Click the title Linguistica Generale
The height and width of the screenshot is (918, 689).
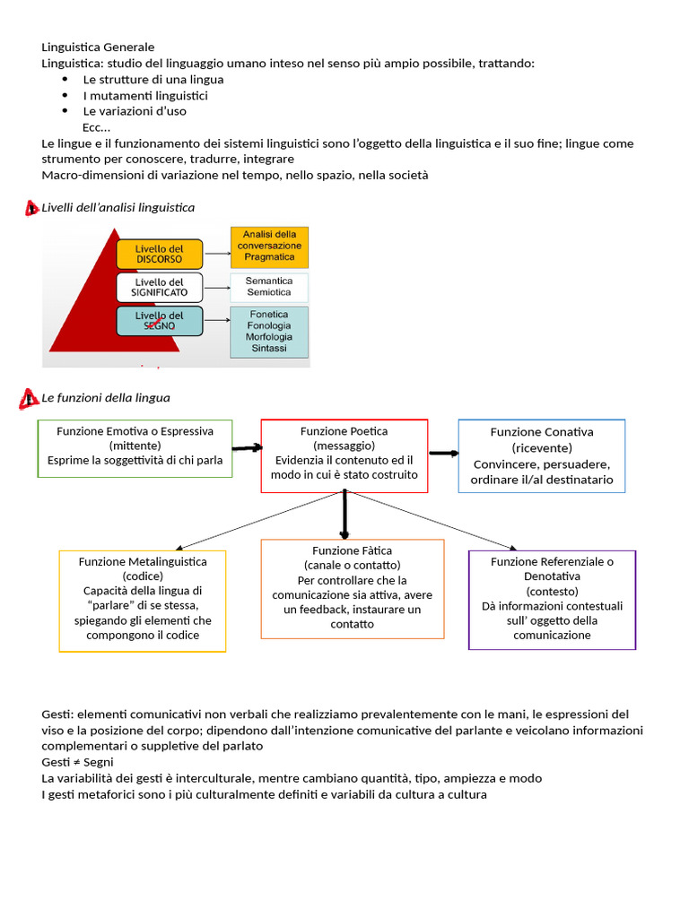tap(98, 47)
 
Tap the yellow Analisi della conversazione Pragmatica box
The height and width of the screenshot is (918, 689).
tap(269, 247)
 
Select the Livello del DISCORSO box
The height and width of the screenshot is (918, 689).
tap(160, 254)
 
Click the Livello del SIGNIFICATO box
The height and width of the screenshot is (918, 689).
tap(160, 287)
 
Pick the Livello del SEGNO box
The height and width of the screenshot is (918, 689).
tap(160, 321)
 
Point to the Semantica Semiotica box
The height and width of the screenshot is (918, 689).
tap(269, 287)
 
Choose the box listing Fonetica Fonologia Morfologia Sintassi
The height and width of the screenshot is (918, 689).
tap(269, 332)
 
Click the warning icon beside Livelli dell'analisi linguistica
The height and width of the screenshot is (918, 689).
tap(31, 208)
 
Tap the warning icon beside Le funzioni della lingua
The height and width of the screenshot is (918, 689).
tap(31, 398)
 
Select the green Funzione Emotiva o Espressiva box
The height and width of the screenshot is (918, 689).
tap(135, 447)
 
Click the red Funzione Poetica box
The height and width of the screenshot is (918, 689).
tap(344, 455)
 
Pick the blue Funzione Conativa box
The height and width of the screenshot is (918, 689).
tap(542, 455)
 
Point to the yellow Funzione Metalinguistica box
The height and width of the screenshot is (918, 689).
tap(143, 600)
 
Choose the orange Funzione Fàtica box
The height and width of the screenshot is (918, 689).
tap(353, 588)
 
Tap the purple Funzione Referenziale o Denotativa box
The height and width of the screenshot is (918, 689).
tap(552, 599)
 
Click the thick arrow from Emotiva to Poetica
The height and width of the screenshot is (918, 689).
tap(247, 447)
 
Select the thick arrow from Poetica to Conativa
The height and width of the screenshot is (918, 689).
tap(443, 453)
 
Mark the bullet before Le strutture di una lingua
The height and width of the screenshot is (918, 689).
tap(65, 80)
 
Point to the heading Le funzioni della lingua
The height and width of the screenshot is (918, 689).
tap(106, 397)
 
